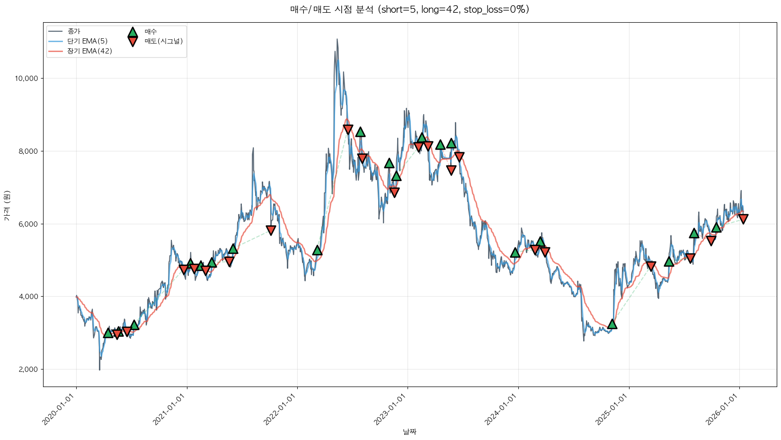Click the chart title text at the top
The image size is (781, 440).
click(x=409, y=9)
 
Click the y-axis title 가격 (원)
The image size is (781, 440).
click(x=7, y=205)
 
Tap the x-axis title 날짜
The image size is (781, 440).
click(x=409, y=431)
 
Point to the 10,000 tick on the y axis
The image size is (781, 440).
click(x=27, y=79)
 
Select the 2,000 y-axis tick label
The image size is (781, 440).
click(x=28, y=369)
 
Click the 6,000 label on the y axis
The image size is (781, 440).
click(x=28, y=224)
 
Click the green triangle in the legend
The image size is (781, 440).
click(x=133, y=32)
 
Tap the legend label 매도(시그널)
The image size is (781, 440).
click(x=164, y=41)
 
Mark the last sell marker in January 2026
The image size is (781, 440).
click(x=743, y=219)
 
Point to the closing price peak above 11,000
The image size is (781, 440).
click(x=337, y=39)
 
